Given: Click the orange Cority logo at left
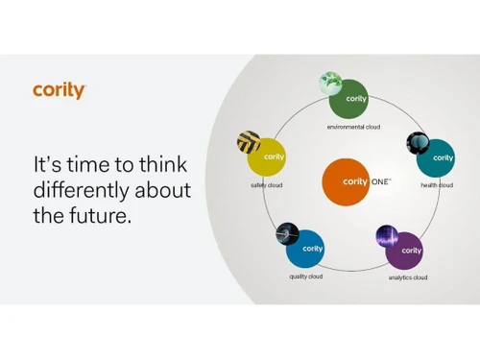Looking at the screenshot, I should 60,91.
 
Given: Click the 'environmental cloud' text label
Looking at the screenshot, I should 352,128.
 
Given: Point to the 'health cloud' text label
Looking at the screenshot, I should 437,185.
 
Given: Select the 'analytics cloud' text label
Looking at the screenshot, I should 407,277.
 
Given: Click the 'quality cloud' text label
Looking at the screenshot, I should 306,276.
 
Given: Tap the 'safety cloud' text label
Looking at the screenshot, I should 266,185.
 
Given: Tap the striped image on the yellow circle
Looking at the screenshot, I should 249,142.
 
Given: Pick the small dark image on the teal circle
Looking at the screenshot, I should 418,143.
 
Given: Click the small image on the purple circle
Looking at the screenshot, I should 387,236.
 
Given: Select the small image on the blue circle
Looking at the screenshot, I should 287,234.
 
